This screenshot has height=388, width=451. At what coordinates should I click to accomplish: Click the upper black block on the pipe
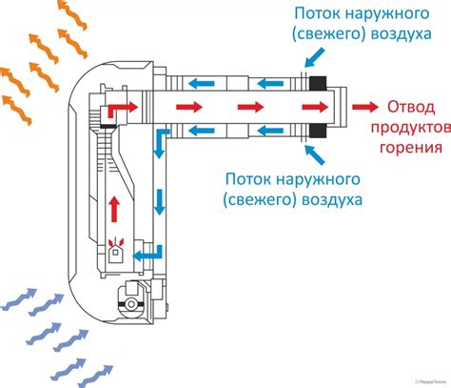pyautogui.click(x=316, y=83)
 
